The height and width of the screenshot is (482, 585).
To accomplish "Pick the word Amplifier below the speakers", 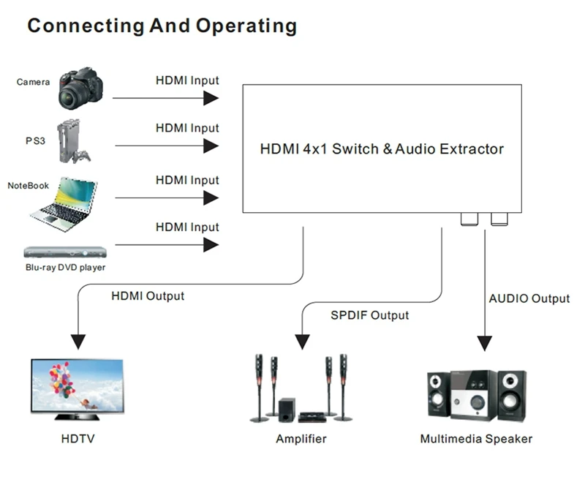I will pos(301,439).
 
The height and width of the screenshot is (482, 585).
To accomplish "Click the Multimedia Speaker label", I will pos(476,439).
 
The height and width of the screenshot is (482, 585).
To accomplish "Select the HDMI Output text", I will pos(148,296).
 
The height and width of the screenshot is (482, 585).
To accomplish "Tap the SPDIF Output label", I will pos(371,315).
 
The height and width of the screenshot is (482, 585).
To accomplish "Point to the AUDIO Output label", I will pos(529,298).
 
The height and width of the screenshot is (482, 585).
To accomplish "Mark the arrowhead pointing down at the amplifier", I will pos(301,342).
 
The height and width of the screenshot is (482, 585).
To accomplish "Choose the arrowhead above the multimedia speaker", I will pos(483,342).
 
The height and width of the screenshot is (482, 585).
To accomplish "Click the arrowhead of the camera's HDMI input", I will pos(211,98).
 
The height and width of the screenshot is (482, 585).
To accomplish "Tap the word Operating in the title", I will pos(246,26).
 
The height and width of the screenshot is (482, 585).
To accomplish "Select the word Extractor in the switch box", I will pos(472,149).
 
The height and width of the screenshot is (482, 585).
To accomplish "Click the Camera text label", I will pos(33,82).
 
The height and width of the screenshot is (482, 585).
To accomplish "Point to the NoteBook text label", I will pos(29,186).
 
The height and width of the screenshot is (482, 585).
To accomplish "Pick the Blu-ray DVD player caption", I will pos(65,268).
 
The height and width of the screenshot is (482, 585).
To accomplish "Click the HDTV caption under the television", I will pos(78,439).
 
